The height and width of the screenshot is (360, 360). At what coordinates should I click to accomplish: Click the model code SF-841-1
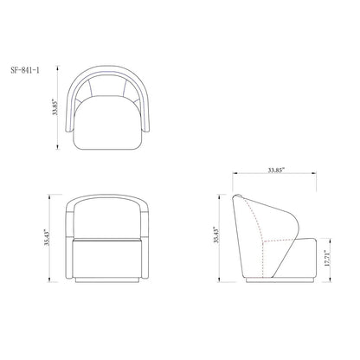(x=25, y=70)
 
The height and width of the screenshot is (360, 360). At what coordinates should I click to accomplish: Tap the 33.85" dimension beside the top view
(x=55, y=107)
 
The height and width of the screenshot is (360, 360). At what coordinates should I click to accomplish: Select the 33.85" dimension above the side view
(x=276, y=170)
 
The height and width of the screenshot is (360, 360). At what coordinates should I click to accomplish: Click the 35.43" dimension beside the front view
(x=47, y=237)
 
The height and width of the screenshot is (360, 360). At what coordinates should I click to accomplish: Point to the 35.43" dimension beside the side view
(x=217, y=235)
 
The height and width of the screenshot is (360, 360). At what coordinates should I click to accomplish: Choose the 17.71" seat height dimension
(x=327, y=259)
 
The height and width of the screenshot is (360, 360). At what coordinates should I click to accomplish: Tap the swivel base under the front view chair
(x=107, y=280)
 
